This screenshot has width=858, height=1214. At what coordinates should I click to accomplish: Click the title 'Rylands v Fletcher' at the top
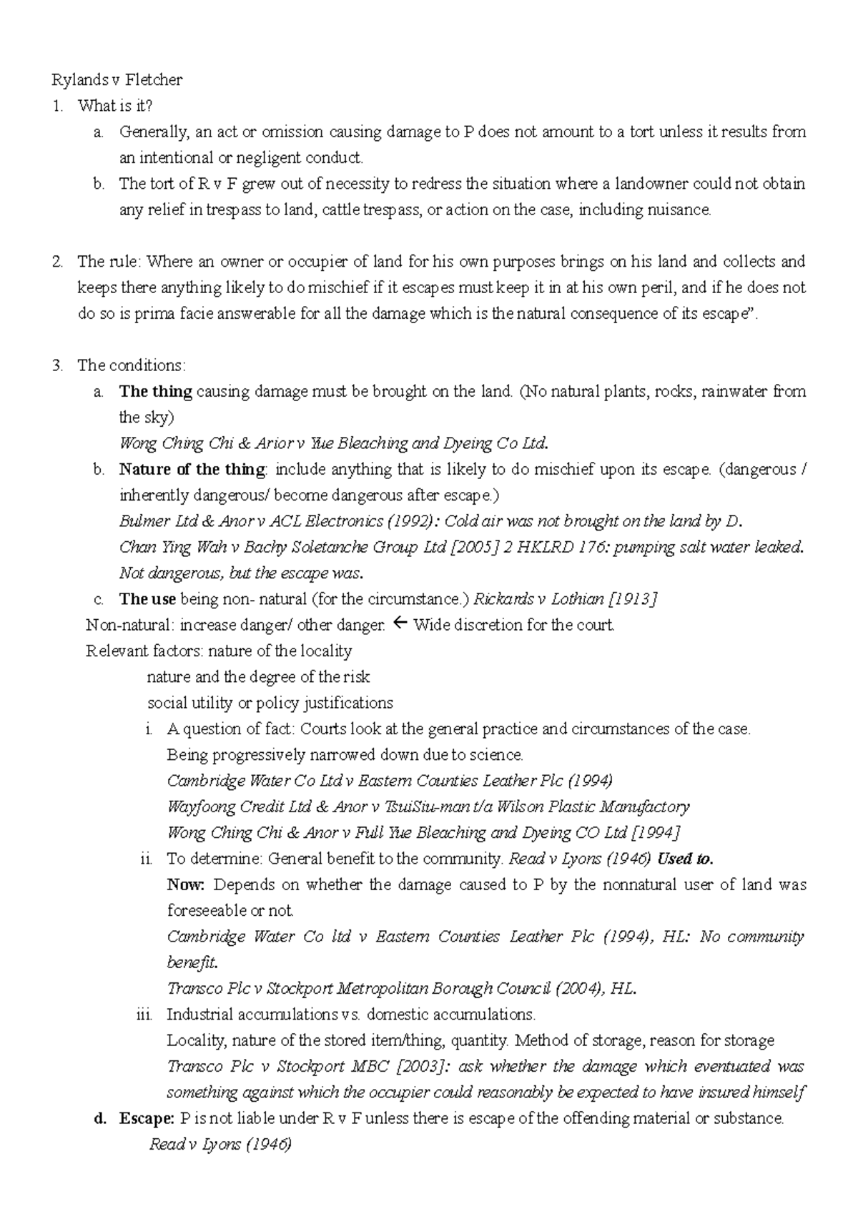coord(117,79)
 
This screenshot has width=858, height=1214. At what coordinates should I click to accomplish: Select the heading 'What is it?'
coord(115,106)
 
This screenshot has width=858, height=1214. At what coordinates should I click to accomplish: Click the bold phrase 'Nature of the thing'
coord(192,470)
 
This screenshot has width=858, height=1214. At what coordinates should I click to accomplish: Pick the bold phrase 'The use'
coord(147,599)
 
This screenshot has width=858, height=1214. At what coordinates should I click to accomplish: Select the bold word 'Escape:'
coord(146,1118)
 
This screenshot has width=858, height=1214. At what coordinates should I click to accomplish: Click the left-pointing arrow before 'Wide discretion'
coord(400,624)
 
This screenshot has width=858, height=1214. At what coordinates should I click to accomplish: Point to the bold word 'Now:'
coord(185,885)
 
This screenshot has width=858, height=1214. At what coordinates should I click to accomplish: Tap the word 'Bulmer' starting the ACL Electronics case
coord(146,521)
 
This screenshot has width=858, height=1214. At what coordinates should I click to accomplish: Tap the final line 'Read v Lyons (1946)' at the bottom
coord(220,1145)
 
